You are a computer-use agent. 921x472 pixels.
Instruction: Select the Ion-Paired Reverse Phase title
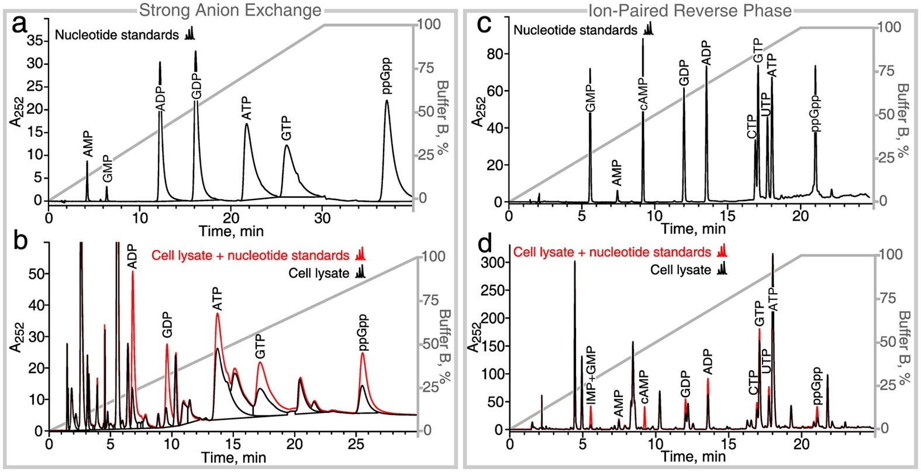click(690, 9)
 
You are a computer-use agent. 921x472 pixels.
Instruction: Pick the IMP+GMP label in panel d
click(591, 380)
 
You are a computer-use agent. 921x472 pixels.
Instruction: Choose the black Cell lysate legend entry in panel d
click(680, 270)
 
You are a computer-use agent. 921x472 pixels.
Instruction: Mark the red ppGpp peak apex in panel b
click(363, 353)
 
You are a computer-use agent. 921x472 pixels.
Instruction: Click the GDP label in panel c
click(684, 73)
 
